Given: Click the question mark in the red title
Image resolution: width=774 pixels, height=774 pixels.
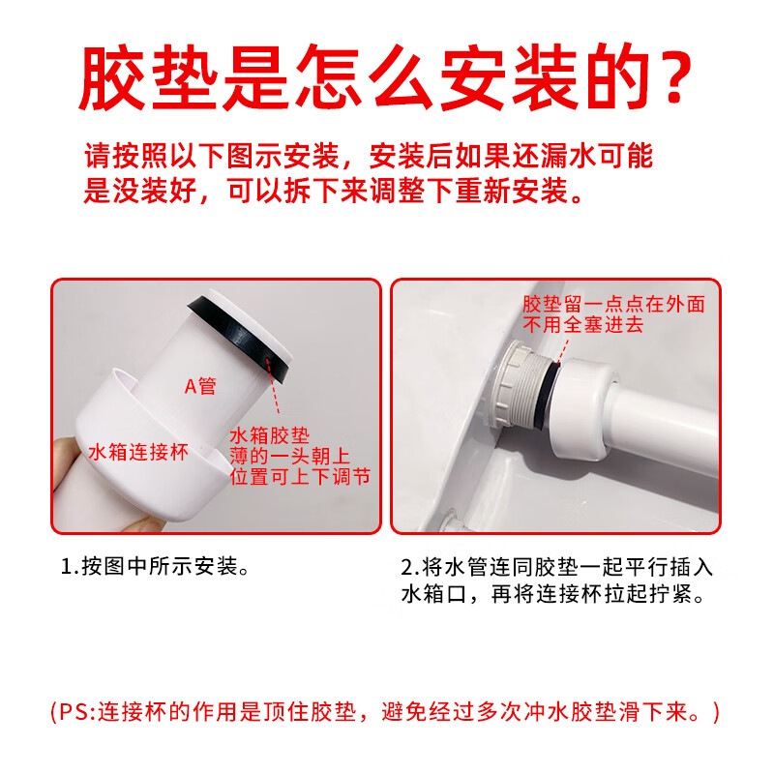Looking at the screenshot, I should [x=668, y=77].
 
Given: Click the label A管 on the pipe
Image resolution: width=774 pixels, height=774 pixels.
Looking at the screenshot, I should [x=200, y=386].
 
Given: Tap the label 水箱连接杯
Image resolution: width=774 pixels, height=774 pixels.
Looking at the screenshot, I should [x=137, y=452].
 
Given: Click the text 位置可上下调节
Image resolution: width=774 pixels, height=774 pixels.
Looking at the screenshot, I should [x=300, y=477].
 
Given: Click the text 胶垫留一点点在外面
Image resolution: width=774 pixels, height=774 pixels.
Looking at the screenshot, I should [x=613, y=304].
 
